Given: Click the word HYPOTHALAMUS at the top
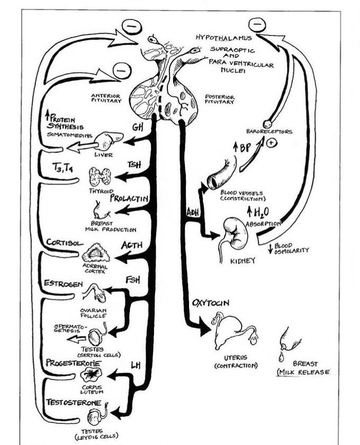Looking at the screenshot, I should click(x=219, y=38).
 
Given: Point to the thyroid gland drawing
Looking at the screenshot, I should click(x=101, y=176).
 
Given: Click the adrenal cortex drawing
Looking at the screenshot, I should click(x=96, y=252).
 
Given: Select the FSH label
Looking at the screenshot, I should click(x=133, y=279).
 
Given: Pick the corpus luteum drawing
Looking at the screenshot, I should click(x=91, y=376).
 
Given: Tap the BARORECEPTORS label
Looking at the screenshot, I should click(x=269, y=131).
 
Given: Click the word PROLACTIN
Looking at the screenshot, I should click(x=128, y=199).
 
